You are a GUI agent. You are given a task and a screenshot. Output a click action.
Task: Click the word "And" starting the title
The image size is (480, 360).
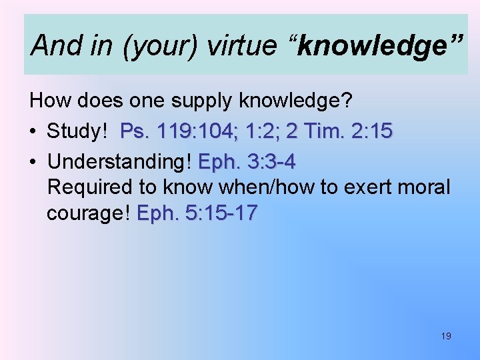coord(53,46)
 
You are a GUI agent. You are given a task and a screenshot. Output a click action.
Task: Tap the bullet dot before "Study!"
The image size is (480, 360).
coord(34,131)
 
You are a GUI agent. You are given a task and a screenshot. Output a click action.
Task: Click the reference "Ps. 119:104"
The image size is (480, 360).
coord(173,131)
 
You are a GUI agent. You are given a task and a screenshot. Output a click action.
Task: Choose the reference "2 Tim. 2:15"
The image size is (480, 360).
coord(339,131)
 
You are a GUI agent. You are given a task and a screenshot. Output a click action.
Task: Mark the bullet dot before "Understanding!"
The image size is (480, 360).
coord(34,162)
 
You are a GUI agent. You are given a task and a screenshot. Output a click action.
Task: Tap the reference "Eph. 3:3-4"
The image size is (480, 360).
coord(247,162)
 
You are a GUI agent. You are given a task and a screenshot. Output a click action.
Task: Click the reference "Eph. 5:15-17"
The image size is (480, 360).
coord(197,213)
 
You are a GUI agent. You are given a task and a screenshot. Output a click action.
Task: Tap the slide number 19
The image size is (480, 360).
coord(446,336)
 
